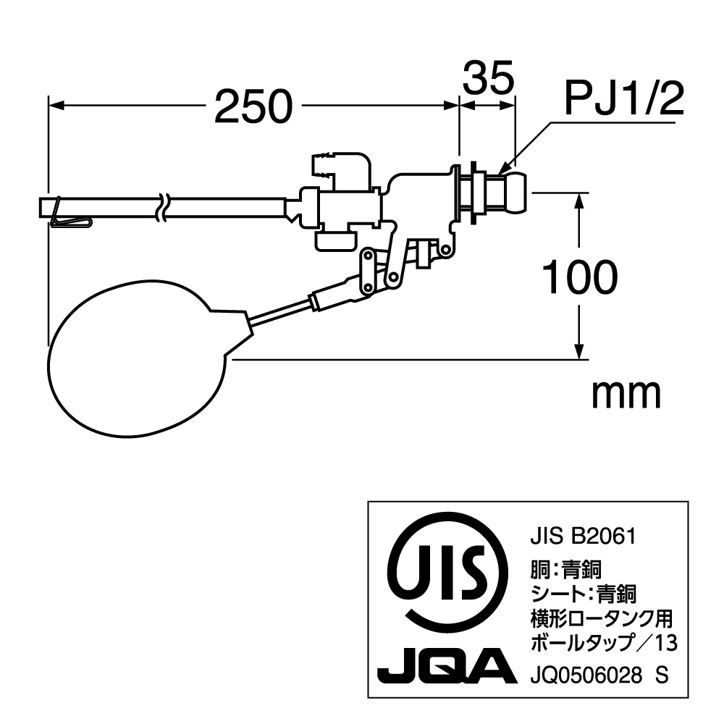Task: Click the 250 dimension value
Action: point(253,106)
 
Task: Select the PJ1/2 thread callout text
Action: point(624,98)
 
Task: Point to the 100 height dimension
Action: point(579,277)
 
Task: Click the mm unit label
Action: point(626,394)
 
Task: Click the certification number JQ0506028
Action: point(586,676)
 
